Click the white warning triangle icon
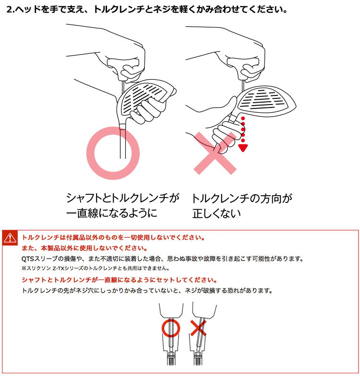(x=10, y=238)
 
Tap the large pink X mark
(x=215, y=153)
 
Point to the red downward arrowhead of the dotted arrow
(x=243, y=148)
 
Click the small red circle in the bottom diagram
(x=162, y=328)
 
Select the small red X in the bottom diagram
(x=198, y=328)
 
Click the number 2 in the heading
(x=9, y=10)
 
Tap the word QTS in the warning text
(x=28, y=259)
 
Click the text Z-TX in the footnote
(x=59, y=268)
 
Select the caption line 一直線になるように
(x=112, y=213)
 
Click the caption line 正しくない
(x=216, y=213)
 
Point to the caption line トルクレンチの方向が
(x=241, y=199)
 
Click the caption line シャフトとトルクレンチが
(x=122, y=198)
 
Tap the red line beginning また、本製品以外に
(x=84, y=248)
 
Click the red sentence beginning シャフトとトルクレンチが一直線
(x=120, y=280)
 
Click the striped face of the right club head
(x=263, y=99)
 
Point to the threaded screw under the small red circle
(x=171, y=359)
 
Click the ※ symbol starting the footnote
(x=24, y=268)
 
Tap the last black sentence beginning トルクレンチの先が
(x=147, y=291)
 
